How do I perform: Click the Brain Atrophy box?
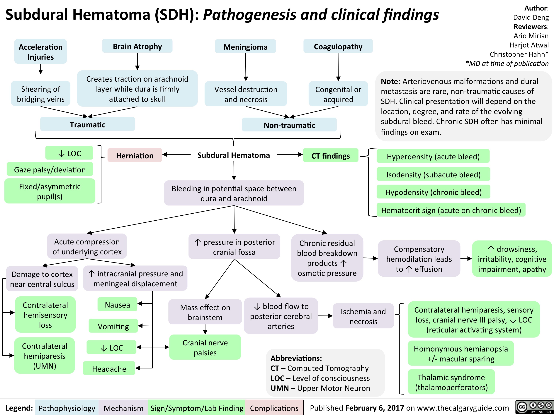coord(137,46)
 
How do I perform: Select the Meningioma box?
coord(245,47)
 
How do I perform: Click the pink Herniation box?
coord(135,156)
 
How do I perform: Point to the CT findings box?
coord(330,156)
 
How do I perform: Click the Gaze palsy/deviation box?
coord(50,170)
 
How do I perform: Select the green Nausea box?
coord(118,305)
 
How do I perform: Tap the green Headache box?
coord(109,368)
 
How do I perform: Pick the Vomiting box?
coord(113,326)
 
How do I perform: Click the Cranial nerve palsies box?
coord(205,347)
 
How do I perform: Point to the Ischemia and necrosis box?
coord(363,316)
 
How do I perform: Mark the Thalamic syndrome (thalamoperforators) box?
coord(451,382)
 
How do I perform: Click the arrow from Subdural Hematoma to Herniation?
coord(177,155)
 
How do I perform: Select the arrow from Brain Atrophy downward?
coord(137,61)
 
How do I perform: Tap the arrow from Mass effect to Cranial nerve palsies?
coord(205,330)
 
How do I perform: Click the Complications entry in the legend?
coord(274,408)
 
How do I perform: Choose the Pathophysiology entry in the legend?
coord(67,408)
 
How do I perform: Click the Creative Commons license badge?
coord(534,408)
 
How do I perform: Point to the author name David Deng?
coord(531,17)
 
